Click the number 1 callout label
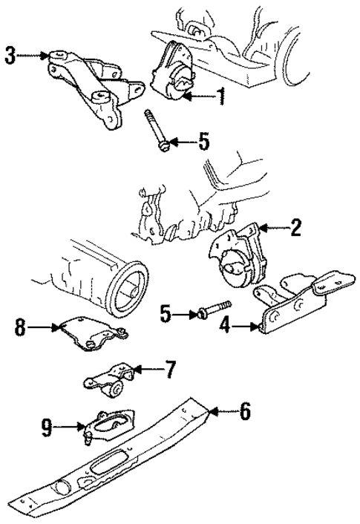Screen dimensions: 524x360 pos(220,95)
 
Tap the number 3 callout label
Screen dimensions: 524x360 pos(10,56)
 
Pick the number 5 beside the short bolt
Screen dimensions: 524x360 pos(165,315)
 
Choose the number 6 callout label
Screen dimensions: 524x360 pos(245,410)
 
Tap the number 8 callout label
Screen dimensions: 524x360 pos(20,324)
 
